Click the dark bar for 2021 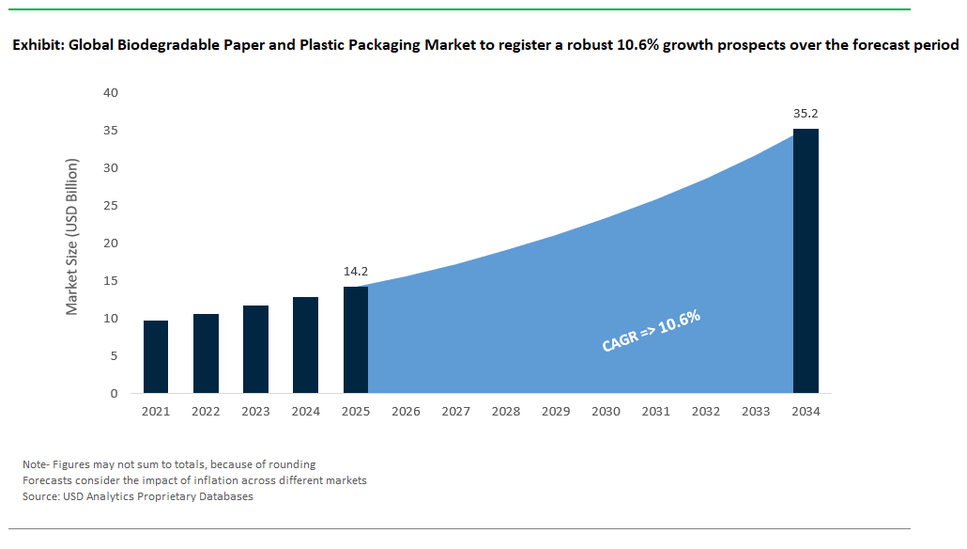[x=156, y=357]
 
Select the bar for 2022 [x=206, y=353]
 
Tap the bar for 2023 [x=255, y=350]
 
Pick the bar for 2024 [x=305, y=345]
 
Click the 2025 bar [x=355, y=340]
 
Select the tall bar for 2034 [x=806, y=261]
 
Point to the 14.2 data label [x=355, y=272]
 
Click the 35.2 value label [x=806, y=114]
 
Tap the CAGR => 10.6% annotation [x=651, y=332]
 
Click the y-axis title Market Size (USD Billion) [x=72, y=236]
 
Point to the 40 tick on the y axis [x=111, y=93]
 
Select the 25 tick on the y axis [x=111, y=206]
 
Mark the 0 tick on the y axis [x=115, y=394]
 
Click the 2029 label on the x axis [x=556, y=412]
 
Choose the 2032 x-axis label [x=706, y=412]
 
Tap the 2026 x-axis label [x=406, y=412]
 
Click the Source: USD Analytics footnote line [x=138, y=496]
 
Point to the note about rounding [x=169, y=464]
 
